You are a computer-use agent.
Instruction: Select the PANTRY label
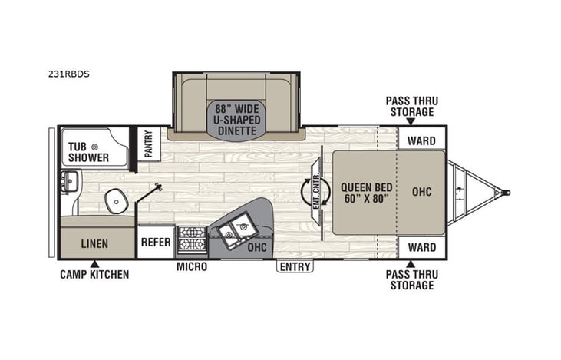pos(149,144)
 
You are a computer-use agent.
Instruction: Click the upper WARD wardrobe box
pos(421,140)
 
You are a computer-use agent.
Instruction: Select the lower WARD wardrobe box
pos(421,247)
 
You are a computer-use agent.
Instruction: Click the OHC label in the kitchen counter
pos(256,247)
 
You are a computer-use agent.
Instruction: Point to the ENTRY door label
pos(295,267)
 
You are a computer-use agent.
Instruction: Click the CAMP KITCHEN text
pos(95,274)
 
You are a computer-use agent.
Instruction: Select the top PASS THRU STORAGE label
pos(410,107)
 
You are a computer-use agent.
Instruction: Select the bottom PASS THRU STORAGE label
pos(410,280)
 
